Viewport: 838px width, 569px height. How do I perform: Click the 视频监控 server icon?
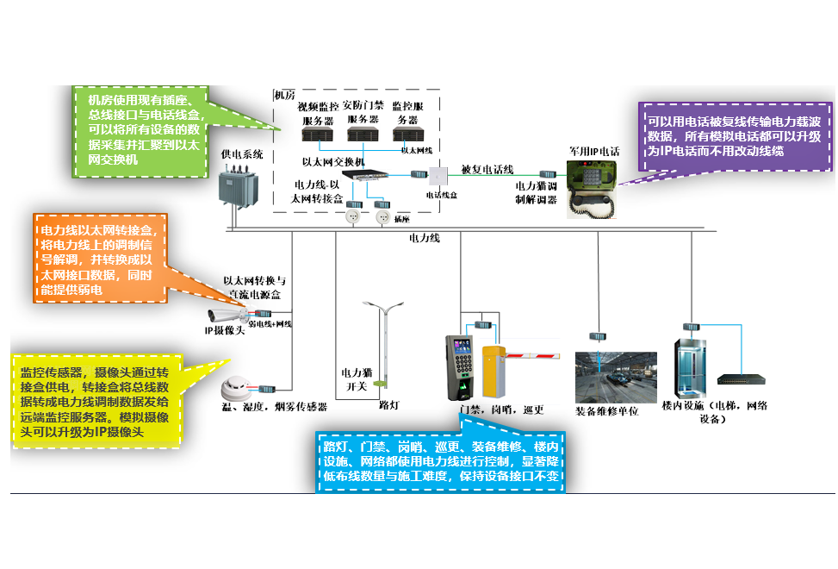pyautogui.click(x=318, y=135)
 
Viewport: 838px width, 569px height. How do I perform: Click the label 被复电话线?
pyautogui.click(x=487, y=170)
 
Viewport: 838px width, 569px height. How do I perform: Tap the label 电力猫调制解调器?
pyautogui.click(x=536, y=191)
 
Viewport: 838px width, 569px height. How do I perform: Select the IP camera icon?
pyautogui.click(x=227, y=314)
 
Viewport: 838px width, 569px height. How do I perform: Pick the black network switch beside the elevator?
pyautogui.click(x=742, y=378)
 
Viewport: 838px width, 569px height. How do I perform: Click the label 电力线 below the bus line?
pyautogui.click(x=424, y=238)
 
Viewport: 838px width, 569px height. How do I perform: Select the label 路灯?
pyautogui.click(x=388, y=404)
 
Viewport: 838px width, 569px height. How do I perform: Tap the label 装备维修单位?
pyautogui.click(x=607, y=411)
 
